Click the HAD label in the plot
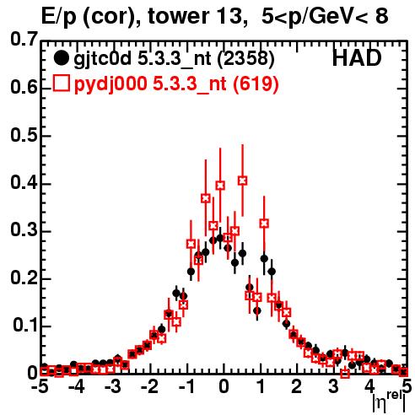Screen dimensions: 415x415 [x=357, y=58]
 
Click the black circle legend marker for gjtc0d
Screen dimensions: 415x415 [x=61, y=58]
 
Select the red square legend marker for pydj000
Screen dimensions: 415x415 [x=61, y=84]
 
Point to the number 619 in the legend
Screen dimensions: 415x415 [x=256, y=84]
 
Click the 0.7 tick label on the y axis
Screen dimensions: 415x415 [x=24, y=39]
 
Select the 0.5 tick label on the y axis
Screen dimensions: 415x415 [x=24, y=136]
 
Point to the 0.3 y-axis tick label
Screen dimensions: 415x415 [x=24, y=229]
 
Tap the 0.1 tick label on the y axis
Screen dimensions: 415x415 [x=25, y=325]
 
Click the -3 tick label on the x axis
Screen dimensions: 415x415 [x=112, y=386]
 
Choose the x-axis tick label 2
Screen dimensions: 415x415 [x=296, y=386]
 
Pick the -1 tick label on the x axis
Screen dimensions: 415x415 [x=186, y=386]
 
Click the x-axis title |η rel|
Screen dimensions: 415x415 [x=389, y=403]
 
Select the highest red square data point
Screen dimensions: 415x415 [x=243, y=181]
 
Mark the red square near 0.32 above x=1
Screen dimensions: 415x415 [x=264, y=224]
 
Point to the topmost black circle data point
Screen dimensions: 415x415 [x=220, y=239]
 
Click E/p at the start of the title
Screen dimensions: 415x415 [x=59, y=17]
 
